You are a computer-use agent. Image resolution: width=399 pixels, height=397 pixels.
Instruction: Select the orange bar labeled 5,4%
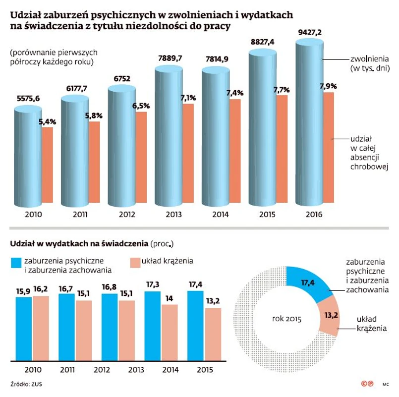point(48,165)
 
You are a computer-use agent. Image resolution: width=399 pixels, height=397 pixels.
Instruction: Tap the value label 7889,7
point(169,58)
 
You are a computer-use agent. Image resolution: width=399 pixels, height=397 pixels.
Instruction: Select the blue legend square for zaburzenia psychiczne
point(16,263)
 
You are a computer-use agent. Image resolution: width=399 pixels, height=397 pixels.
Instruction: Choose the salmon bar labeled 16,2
point(41,328)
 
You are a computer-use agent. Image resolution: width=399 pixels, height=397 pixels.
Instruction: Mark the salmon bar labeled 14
point(170,333)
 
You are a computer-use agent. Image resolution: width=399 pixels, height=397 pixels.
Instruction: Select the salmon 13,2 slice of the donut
point(328,318)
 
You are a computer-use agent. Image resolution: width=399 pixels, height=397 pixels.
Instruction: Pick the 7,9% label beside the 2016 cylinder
point(328,86)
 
